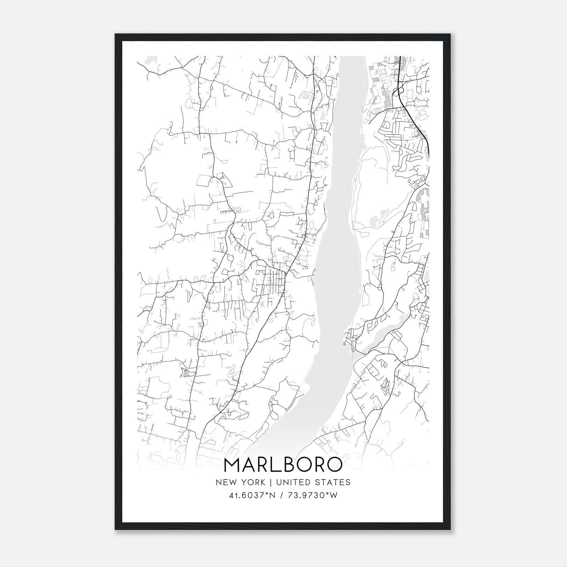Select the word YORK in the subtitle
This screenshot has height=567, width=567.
point(253,482)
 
